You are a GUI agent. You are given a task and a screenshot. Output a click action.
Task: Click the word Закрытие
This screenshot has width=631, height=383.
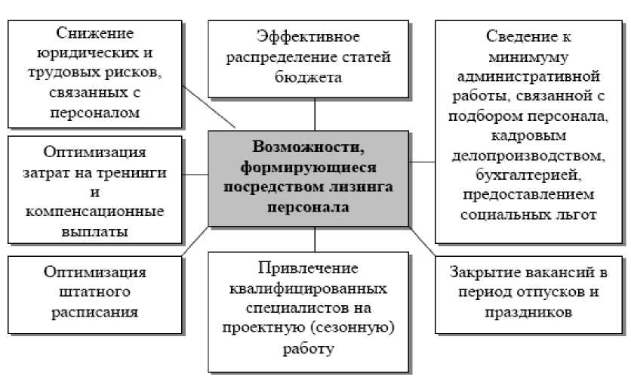coord(484,272)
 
